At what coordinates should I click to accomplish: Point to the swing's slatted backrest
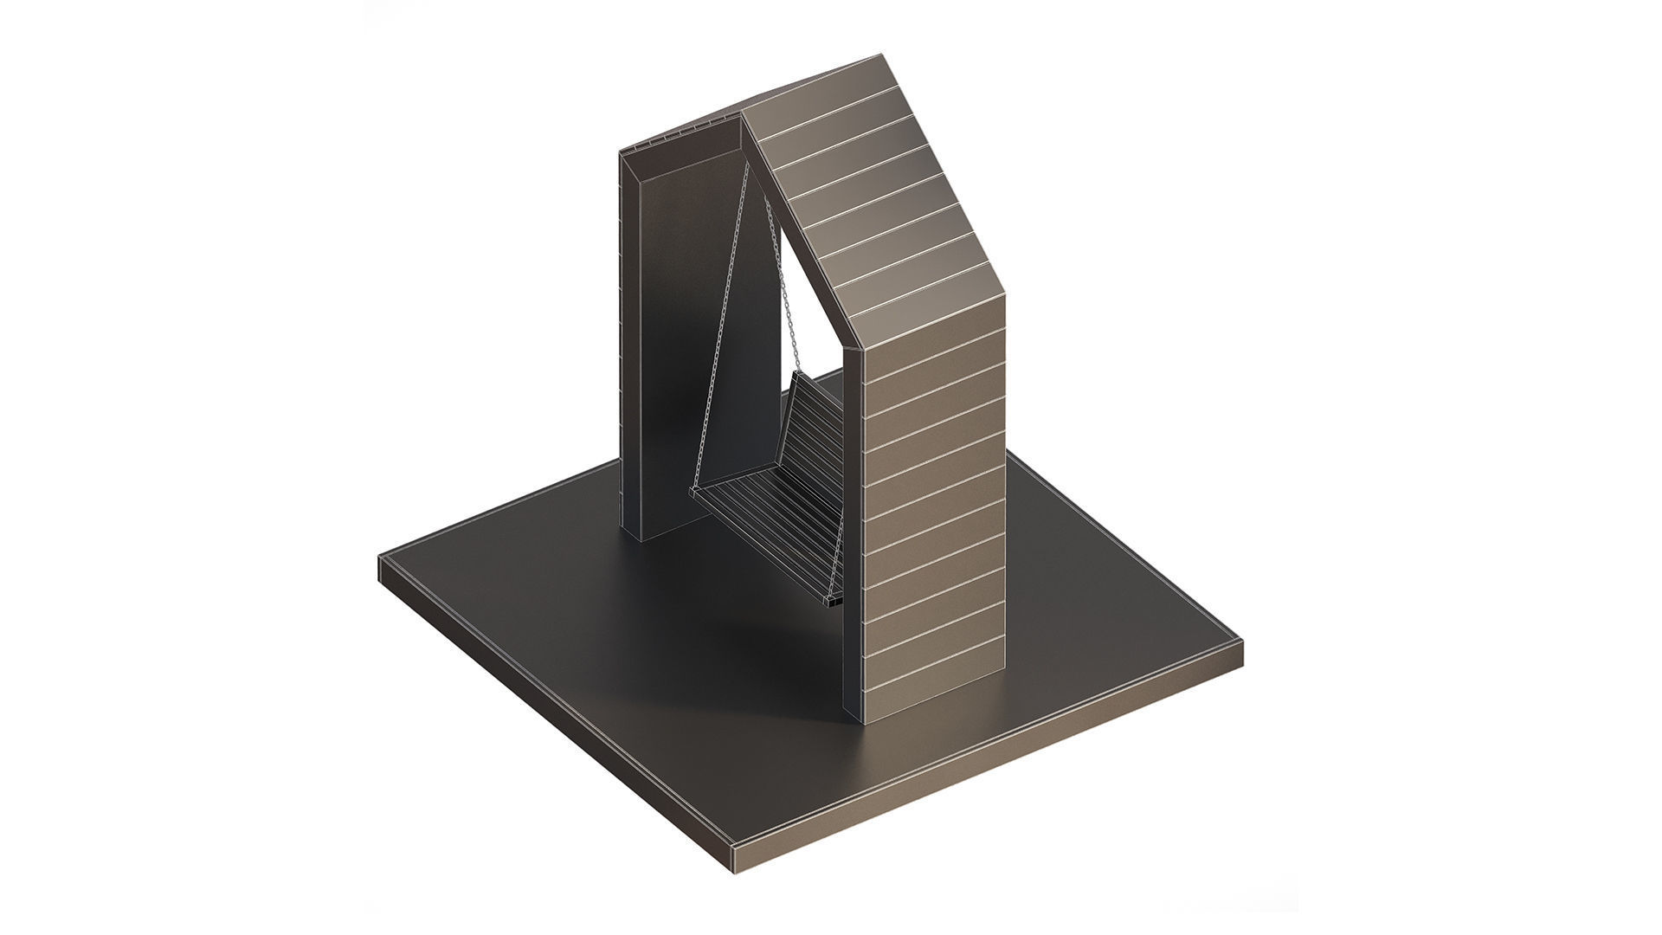[x=822, y=450]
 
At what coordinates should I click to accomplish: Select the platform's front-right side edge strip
[x=995, y=766]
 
